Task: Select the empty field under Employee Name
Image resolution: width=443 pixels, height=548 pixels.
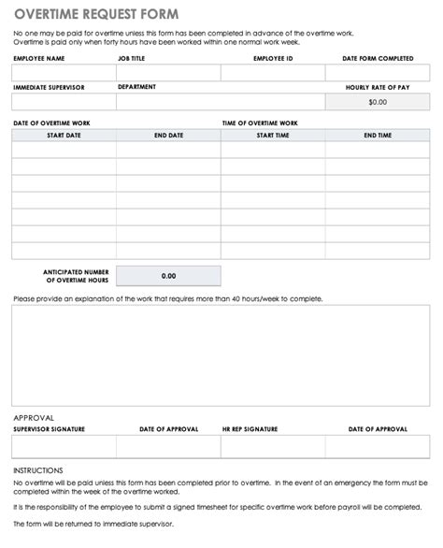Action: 64,72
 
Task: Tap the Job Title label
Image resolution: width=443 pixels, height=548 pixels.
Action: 132,57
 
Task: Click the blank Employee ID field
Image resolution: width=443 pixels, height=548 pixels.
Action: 273,72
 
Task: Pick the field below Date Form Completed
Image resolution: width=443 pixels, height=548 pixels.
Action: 378,72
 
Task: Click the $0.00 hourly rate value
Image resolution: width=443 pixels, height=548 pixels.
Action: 378,101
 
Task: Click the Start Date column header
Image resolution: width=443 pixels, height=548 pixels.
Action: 64,135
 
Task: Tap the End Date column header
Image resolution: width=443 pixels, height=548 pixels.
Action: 168,135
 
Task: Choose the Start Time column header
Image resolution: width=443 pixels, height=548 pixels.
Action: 273,135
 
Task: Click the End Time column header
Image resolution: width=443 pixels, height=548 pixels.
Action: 378,135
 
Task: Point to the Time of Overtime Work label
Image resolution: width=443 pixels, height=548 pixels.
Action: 260,123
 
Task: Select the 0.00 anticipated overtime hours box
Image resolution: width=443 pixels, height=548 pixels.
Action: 168,276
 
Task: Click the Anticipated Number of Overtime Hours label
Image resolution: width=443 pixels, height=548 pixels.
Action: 77,276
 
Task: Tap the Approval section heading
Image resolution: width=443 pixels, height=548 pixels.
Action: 34,417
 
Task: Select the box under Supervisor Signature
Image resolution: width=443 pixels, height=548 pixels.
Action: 64,445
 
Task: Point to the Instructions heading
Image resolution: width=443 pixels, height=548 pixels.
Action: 38,469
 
